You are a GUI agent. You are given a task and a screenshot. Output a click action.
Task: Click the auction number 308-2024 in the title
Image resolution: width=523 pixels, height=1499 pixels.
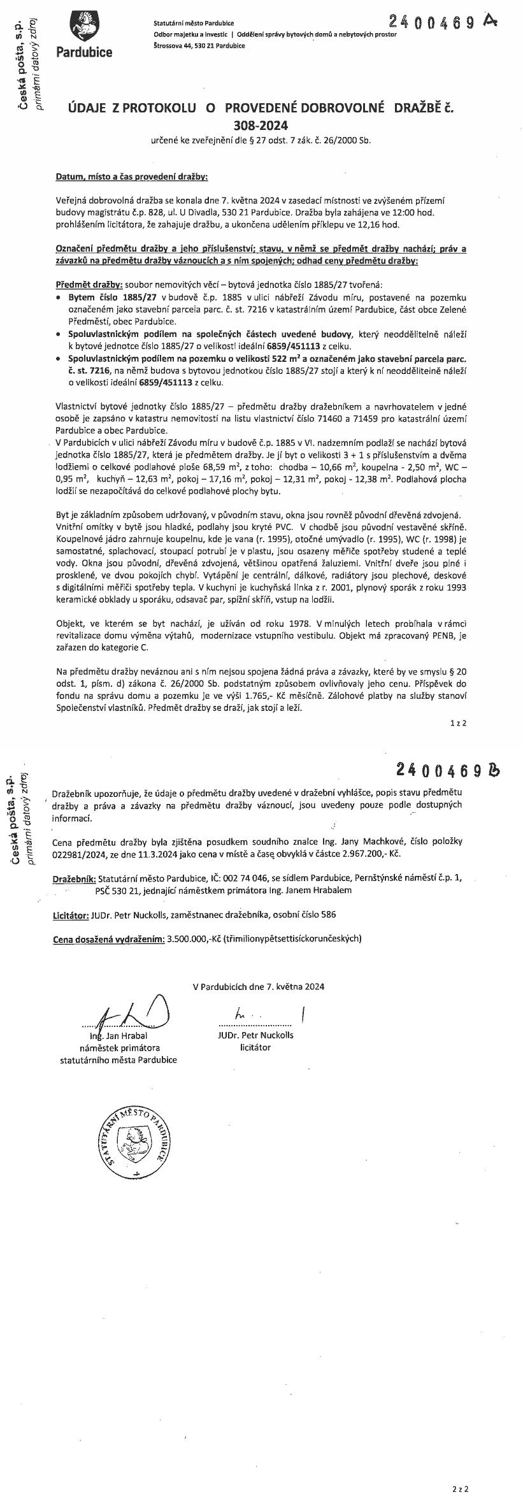(261, 126)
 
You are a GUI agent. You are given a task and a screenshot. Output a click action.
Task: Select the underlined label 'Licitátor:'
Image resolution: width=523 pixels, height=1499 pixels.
(70, 914)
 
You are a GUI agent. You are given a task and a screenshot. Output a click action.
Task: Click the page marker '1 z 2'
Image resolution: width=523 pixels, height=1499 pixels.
(459, 723)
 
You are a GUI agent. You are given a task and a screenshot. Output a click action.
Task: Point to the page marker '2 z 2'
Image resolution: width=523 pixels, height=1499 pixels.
(459, 1484)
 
